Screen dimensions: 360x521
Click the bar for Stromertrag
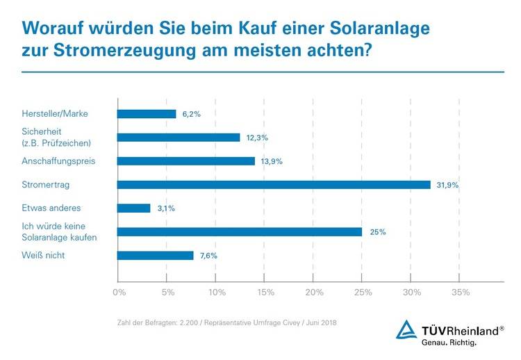[274, 185]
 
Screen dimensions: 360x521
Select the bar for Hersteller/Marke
[147, 114]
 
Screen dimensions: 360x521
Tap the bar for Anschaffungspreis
[186, 161]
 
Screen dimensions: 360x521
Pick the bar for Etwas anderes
[134, 208]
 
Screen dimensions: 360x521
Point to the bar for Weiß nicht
[156, 255]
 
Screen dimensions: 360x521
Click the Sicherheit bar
[179, 138]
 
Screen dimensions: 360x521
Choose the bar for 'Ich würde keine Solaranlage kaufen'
[240, 231]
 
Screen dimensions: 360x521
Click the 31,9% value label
[448, 186]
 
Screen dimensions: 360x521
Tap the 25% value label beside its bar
[377, 232]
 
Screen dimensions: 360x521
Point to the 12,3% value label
[256, 138]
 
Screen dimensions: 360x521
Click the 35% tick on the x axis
[461, 293]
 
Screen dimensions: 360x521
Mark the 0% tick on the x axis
[119, 293]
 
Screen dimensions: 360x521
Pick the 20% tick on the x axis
[314, 293]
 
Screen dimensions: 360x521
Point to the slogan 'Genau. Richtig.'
[449, 343]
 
